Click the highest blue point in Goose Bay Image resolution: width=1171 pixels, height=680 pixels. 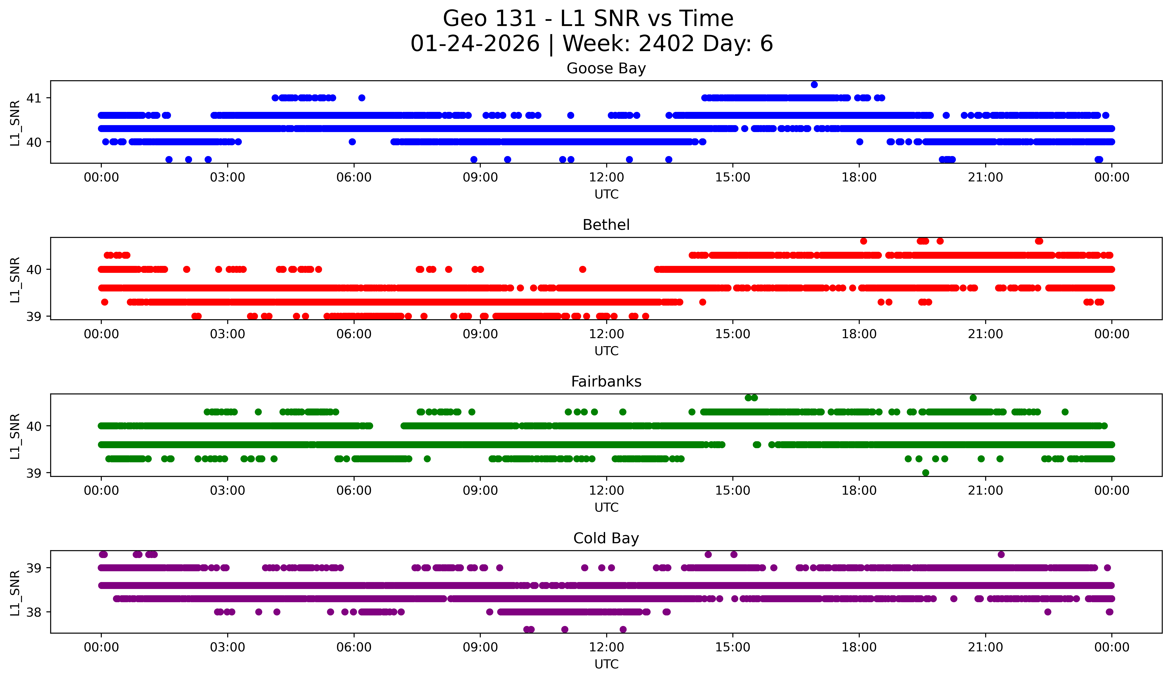click(x=814, y=85)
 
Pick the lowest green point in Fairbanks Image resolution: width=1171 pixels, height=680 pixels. click(x=926, y=473)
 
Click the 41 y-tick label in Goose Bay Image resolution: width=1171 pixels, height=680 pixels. click(x=34, y=98)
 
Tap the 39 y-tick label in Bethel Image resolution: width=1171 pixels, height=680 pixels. click(x=34, y=317)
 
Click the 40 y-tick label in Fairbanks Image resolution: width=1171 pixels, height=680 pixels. click(x=34, y=426)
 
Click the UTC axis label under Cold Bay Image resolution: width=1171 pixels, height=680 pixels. click(x=606, y=664)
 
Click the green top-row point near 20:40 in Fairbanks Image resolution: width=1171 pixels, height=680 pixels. click(x=973, y=398)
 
